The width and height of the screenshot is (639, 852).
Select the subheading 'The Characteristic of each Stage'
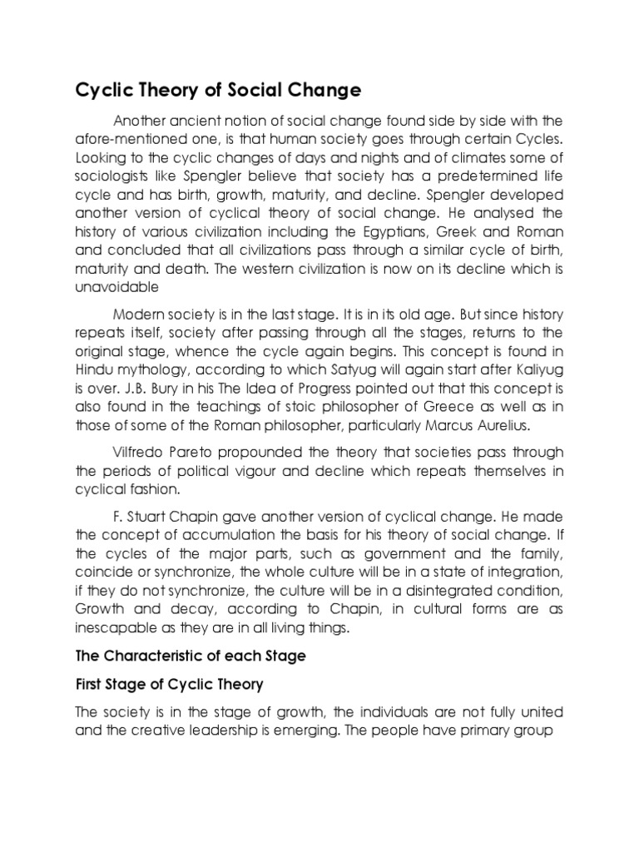[191, 656]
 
